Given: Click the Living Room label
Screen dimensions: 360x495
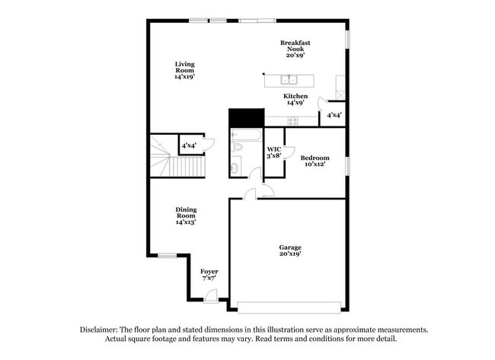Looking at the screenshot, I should (x=184, y=69).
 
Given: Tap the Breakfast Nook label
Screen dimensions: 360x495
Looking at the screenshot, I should (x=295, y=49).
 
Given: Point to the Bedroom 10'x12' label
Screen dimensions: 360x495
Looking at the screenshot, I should (x=315, y=161).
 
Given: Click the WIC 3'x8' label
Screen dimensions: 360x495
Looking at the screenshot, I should (x=274, y=152).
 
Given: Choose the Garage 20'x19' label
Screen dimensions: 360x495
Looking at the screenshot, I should (x=289, y=250).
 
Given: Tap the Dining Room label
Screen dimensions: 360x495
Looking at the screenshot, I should (x=186, y=216).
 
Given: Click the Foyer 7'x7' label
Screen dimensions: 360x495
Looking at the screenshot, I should (x=209, y=275).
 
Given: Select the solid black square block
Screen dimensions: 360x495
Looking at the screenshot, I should (x=246, y=118).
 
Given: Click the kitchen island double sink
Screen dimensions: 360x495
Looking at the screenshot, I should (x=288, y=79).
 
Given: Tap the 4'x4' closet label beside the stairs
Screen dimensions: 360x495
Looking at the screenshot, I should (x=189, y=145).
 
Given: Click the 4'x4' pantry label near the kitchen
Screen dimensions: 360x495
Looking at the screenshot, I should (x=334, y=116).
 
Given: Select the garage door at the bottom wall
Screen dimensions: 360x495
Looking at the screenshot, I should (x=289, y=307).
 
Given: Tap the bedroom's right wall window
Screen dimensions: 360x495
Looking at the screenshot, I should (x=347, y=164).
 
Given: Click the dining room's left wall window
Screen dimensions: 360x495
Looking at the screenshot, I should (x=166, y=254).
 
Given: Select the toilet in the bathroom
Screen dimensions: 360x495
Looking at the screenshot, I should (x=236, y=167).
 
